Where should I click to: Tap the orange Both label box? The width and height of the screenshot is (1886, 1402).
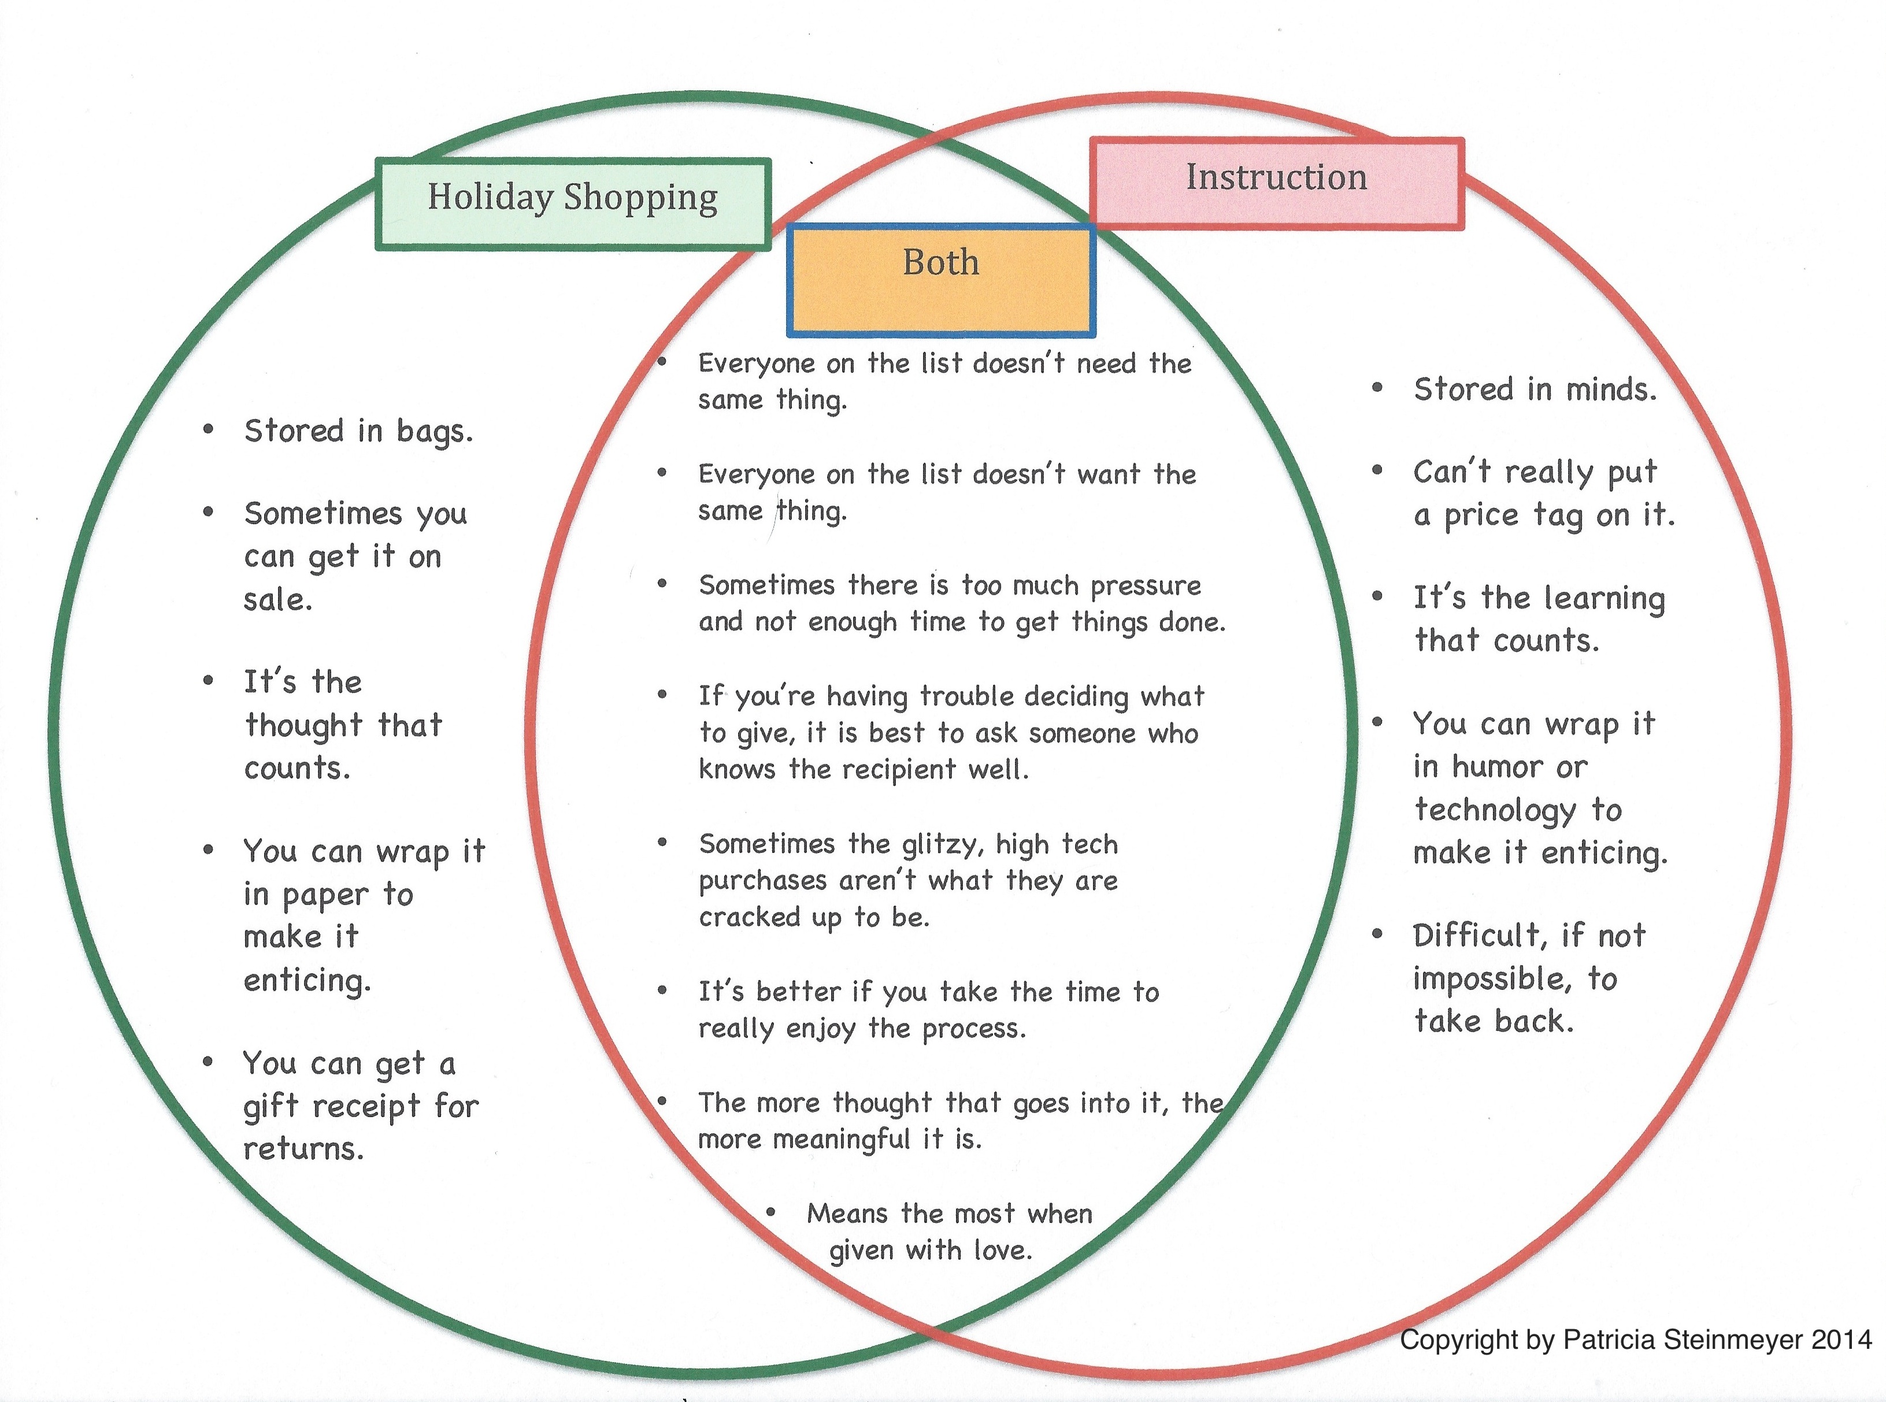point(940,280)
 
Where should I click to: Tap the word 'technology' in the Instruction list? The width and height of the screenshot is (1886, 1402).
point(1494,810)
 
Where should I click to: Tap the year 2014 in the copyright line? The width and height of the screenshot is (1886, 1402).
point(1842,1339)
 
